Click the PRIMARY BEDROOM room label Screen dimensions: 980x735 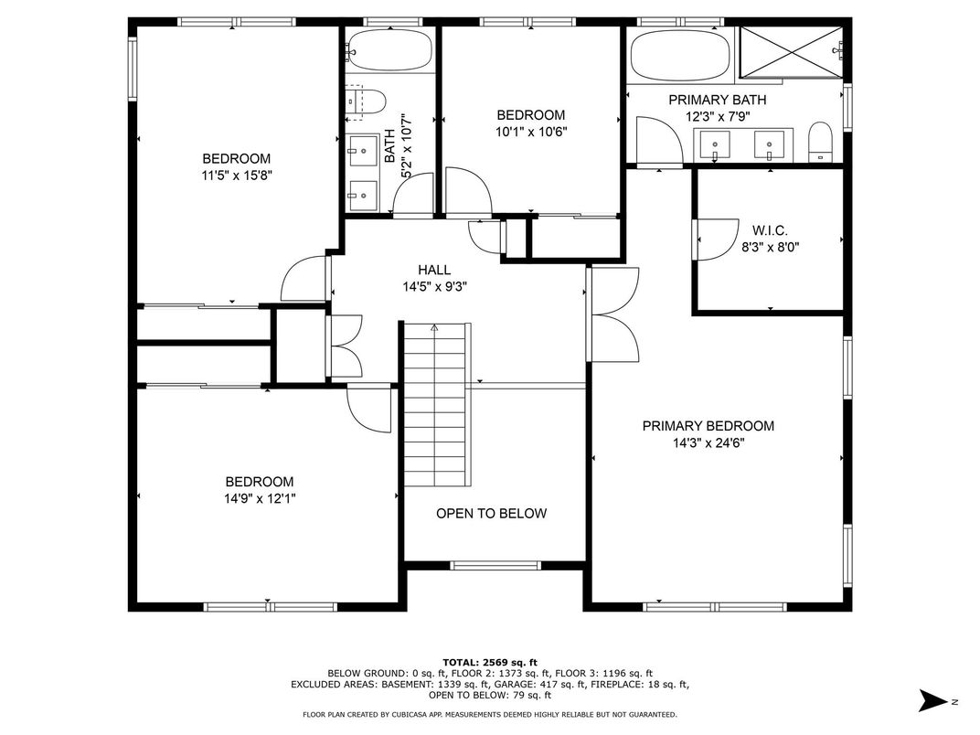click(x=708, y=426)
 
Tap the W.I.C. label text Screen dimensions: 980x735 click(x=770, y=230)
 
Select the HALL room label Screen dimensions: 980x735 click(x=434, y=270)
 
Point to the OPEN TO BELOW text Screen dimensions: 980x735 click(x=491, y=514)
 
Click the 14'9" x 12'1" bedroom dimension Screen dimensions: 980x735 click(x=260, y=499)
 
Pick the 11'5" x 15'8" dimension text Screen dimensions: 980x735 click(x=236, y=176)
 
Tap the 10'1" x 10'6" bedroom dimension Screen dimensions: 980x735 click(x=531, y=132)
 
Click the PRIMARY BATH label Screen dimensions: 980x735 click(x=718, y=100)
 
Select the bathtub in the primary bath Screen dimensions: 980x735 click(x=680, y=56)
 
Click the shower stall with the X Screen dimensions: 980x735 click(x=792, y=52)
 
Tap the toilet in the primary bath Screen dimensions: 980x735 click(x=819, y=142)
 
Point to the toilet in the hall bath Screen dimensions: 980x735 click(x=365, y=101)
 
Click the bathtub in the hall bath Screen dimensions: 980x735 click(x=389, y=49)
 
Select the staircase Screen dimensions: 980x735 click(x=436, y=404)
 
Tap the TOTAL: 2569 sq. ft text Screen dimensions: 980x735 click(x=490, y=663)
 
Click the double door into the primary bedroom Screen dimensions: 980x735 click(x=613, y=314)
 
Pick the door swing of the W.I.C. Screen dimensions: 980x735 click(x=716, y=240)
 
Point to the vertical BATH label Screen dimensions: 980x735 click(x=389, y=146)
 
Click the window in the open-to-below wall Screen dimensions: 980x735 click(x=495, y=566)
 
